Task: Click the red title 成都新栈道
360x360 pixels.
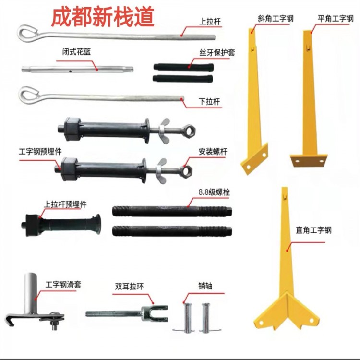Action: (102, 17)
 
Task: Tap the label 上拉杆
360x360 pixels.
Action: (210, 22)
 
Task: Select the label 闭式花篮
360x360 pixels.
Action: (76, 52)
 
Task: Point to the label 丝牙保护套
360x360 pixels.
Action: (217, 53)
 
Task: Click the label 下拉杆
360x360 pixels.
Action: (209, 101)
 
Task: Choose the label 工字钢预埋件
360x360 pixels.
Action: (40, 152)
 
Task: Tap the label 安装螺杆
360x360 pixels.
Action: (213, 152)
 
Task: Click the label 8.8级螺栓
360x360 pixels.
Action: (214, 192)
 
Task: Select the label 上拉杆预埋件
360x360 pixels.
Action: (65, 204)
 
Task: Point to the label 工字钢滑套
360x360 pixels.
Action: (63, 285)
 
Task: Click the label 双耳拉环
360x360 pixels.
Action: (129, 286)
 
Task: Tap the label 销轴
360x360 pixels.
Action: (205, 286)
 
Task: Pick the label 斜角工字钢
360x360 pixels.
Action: (276, 18)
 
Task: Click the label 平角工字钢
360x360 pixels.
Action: (336, 18)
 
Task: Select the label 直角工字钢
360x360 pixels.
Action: (313, 230)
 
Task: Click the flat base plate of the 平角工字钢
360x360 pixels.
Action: (309, 161)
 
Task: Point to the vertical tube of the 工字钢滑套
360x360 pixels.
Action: (31, 293)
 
